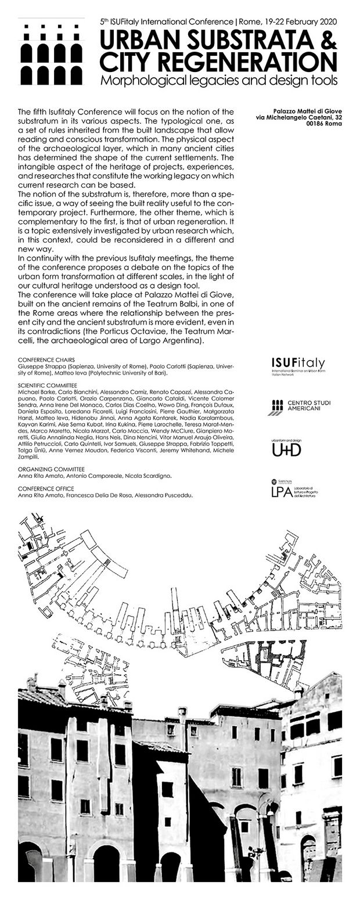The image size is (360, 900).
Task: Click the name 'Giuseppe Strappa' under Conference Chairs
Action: pos(37,368)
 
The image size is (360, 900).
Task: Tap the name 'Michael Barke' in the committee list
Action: pos(33,393)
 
